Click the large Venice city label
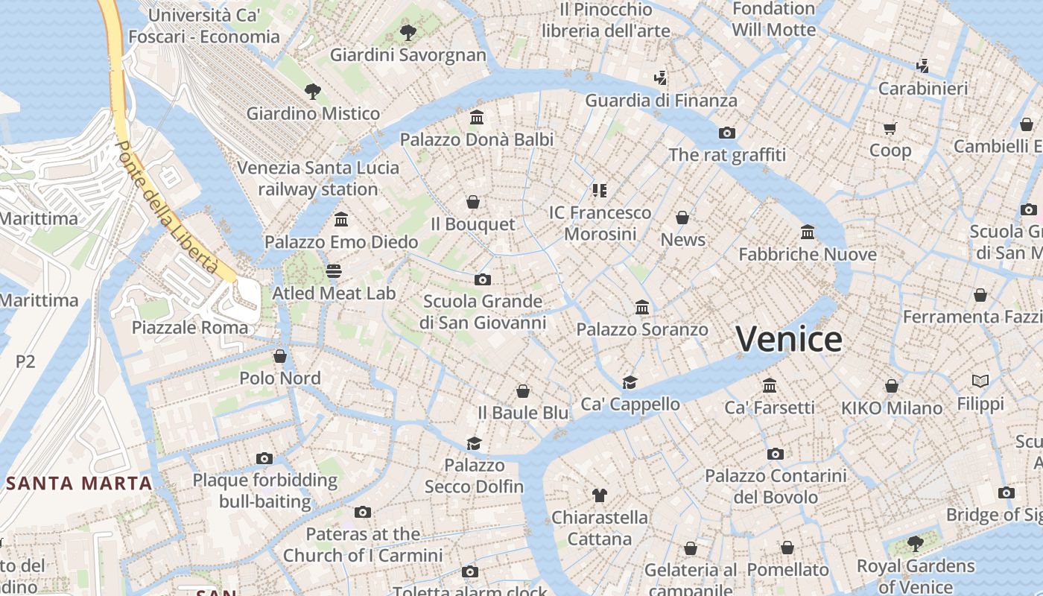coord(789,339)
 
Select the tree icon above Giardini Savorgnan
coord(408,32)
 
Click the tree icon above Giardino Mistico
coord(313,92)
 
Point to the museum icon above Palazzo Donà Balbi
coord(477,118)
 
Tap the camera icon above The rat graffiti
coord(727,133)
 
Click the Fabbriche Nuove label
coord(807,254)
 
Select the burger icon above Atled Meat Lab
coord(334,271)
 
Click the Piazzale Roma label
coord(190,327)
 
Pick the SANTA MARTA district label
coord(80,483)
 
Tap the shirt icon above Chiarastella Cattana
coord(600,495)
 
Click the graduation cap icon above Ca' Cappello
coord(630,382)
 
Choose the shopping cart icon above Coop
coord(890,128)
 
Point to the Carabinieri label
coord(923,89)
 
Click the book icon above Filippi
coord(980,381)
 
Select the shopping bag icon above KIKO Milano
coord(892,386)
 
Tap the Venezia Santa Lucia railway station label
coord(318,178)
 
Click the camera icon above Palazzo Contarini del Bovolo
coord(776,454)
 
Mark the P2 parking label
coord(25,361)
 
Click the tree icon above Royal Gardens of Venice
coord(916,544)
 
